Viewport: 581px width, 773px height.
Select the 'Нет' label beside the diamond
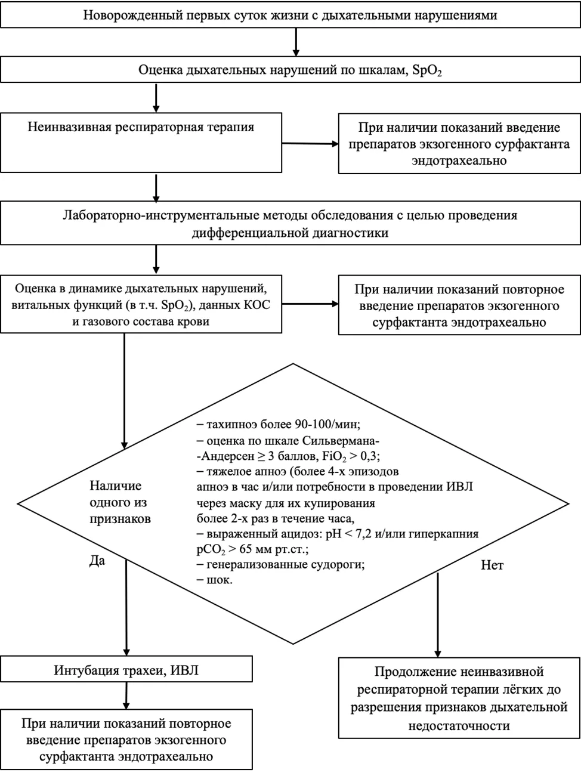(x=492, y=565)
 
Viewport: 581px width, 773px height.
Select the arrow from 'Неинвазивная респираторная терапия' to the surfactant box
(x=310, y=144)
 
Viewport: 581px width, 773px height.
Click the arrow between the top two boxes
(x=296, y=42)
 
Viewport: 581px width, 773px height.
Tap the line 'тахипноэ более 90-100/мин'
(x=279, y=424)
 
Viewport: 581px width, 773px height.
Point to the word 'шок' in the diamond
(x=219, y=580)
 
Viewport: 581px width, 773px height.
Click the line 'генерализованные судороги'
(x=280, y=564)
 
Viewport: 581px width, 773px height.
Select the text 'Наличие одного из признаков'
(x=120, y=502)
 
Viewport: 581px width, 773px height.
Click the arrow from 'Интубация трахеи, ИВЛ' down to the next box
(x=126, y=695)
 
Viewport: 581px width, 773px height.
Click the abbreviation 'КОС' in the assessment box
(x=257, y=305)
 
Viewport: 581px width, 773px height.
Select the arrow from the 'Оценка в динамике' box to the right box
(x=310, y=304)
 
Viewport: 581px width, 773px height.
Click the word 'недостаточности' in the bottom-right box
(x=459, y=726)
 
